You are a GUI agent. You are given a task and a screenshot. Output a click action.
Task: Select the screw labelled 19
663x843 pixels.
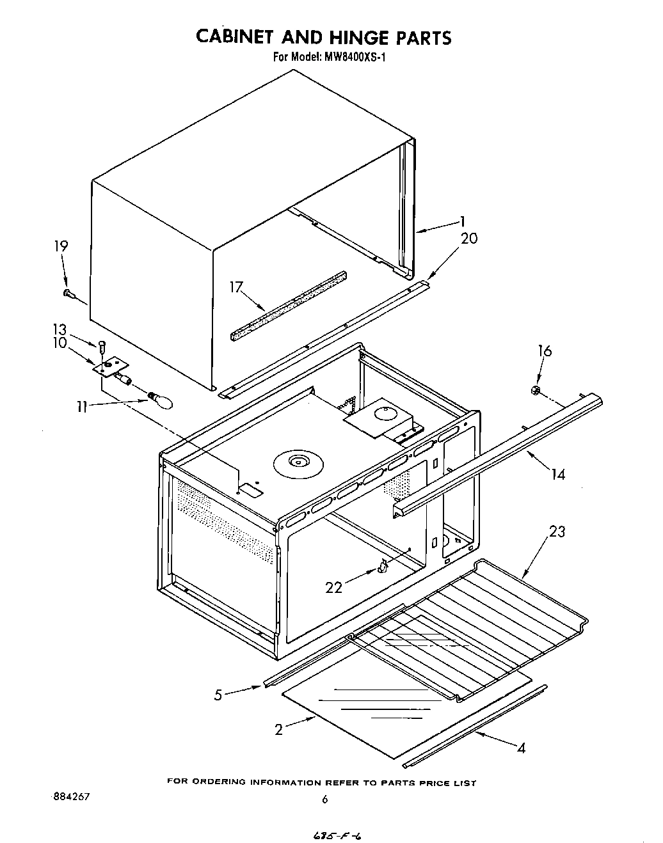69,294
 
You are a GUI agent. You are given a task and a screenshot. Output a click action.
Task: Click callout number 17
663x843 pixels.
237,287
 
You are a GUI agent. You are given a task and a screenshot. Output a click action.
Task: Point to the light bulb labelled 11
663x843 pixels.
161,400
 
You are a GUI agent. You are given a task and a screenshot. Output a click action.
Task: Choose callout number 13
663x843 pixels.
59,329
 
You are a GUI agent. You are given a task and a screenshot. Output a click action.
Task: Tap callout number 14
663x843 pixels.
558,475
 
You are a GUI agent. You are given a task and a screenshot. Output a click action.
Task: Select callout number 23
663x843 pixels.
557,532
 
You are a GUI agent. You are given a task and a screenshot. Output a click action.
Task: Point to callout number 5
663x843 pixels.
218,695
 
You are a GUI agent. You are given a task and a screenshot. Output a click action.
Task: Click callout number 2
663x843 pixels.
278,730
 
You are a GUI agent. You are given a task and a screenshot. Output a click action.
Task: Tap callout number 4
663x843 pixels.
521,748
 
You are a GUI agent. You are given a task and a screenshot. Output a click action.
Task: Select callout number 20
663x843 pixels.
469,239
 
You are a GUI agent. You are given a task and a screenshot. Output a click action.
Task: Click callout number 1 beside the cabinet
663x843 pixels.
461,222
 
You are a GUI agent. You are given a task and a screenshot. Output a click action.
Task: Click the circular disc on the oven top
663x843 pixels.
298,462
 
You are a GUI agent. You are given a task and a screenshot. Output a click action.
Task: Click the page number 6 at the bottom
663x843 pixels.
324,800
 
